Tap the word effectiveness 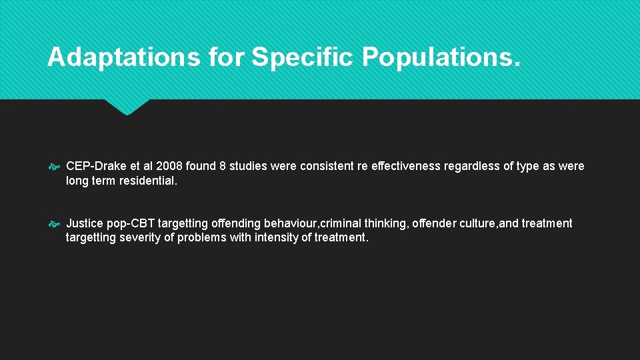coord(407,166)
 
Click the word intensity coord(275,237)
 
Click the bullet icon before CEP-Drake coord(55,167)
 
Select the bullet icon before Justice coord(55,224)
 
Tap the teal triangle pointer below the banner coord(127,107)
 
